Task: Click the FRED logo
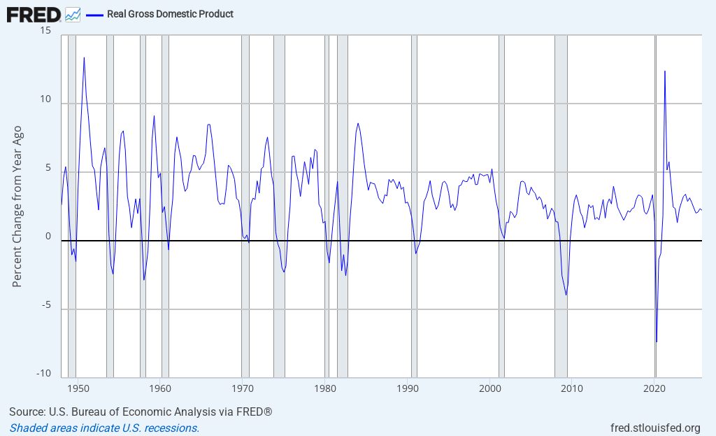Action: [x=34, y=14]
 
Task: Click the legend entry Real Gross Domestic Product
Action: [x=170, y=14]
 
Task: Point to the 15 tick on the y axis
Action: [x=46, y=31]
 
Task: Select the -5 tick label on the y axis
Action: [x=43, y=304]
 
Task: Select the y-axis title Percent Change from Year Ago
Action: [x=17, y=206]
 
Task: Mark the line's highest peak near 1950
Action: [x=84, y=57]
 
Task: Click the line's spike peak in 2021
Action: [x=665, y=71]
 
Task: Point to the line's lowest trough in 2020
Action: [x=657, y=342]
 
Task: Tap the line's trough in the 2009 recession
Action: [x=566, y=295]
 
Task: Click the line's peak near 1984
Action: [x=358, y=123]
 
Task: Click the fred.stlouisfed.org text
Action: [x=654, y=428]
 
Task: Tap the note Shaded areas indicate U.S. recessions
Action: [x=104, y=428]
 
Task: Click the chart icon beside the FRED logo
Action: [x=73, y=14]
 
